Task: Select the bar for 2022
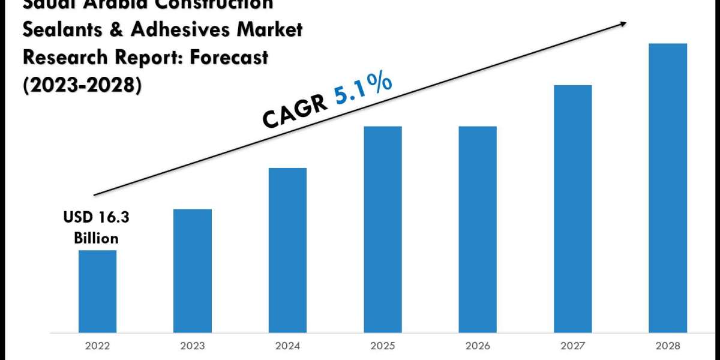coord(97,291)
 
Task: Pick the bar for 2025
coord(383,229)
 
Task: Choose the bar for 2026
coord(478,229)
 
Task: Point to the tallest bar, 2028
coord(668,188)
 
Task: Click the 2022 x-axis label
coord(97,346)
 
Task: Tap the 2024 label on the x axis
coord(287,346)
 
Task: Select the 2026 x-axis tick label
coord(478,346)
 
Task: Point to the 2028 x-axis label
coord(668,346)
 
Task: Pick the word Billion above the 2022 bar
coord(96,238)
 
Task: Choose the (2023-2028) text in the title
coord(83,86)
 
